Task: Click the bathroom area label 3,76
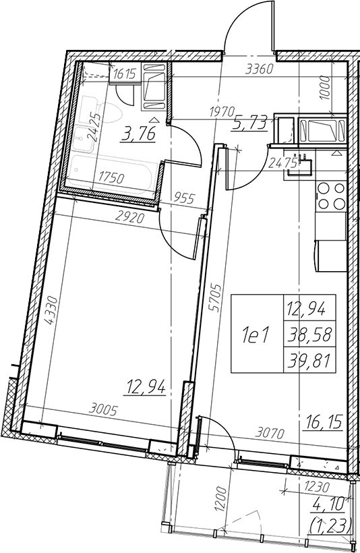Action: pos(138,135)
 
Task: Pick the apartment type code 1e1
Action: pos(256,334)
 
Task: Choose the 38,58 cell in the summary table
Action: pos(309,334)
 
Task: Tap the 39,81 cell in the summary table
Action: pos(309,360)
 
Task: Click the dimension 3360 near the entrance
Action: pos(259,69)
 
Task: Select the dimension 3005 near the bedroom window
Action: pos(103,410)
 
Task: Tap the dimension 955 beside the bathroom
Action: pos(183,198)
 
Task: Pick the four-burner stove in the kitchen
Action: pos(330,196)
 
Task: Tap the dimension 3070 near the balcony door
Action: pos(270,433)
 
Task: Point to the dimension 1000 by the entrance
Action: pos(325,88)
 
